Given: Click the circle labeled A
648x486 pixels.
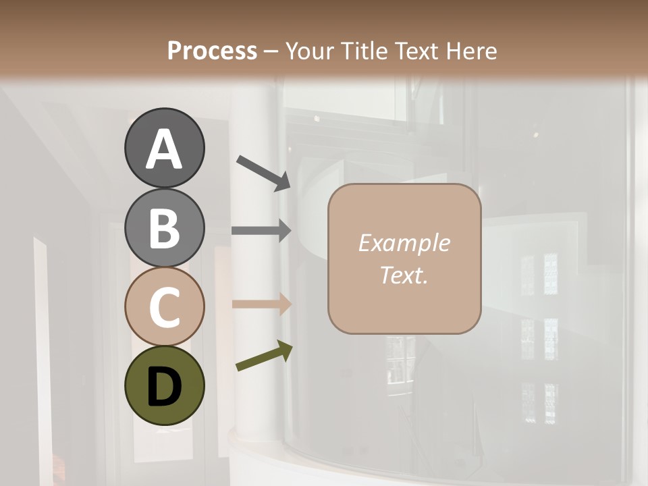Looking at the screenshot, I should tap(164, 148).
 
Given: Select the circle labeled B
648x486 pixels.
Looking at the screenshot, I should tap(164, 227).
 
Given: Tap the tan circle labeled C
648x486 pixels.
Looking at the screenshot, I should tap(164, 306).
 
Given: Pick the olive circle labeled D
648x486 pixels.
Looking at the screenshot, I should tap(164, 385).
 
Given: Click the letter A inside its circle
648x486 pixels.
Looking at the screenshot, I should tap(164, 149).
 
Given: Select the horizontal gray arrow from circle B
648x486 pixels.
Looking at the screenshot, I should tap(261, 231).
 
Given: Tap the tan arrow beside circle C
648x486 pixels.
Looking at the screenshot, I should tap(261, 304).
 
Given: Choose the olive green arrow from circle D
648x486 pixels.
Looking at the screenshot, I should tap(264, 356).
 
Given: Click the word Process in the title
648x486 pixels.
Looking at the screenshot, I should tap(212, 51).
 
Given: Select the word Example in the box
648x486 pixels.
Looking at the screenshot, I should tap(404, 243).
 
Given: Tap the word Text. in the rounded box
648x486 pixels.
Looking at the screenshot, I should tap(404, 275).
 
